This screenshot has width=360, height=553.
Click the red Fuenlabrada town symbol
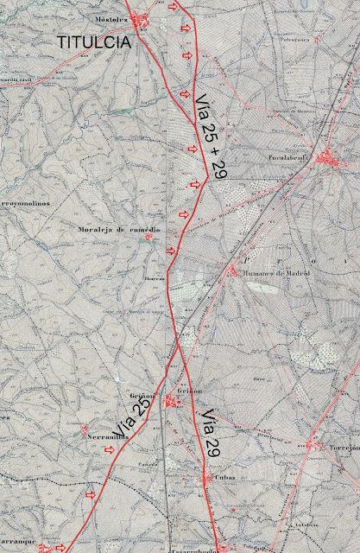(x=327, y=158)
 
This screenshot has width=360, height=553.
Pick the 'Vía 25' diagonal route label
(x=134, y=417)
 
